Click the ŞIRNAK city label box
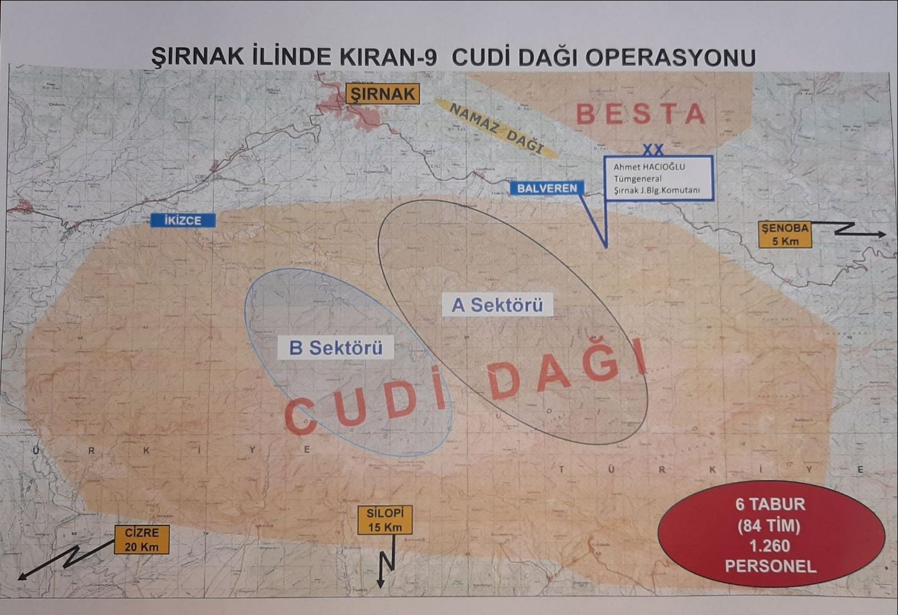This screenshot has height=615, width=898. (382, 94)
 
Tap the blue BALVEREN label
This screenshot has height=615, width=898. (547, 188)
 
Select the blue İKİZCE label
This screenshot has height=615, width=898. (183, 221)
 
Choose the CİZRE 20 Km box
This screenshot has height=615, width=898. (141, 539)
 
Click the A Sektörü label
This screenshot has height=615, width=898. (497, 305)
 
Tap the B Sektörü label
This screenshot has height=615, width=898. (336, 348)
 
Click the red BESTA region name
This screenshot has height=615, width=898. (641, 114)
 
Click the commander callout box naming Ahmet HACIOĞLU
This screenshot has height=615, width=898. (658, 178)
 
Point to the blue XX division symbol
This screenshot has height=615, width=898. (653, 150)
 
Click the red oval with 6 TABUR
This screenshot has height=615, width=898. (771, 534)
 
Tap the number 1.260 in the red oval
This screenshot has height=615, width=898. (770, 545)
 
